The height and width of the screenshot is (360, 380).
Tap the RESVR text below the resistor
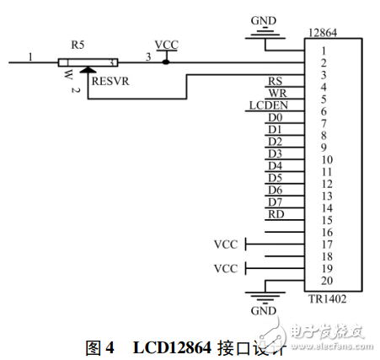(x=110, y=82)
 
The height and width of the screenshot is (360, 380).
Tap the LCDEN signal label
(x=269, y=105)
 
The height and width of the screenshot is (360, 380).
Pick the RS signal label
(x=275, y=81)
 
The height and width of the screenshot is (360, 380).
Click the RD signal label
(x=275, y=214)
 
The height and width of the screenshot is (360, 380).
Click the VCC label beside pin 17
(x=226, y=244)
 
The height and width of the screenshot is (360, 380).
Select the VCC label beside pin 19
(x=226, y=269)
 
